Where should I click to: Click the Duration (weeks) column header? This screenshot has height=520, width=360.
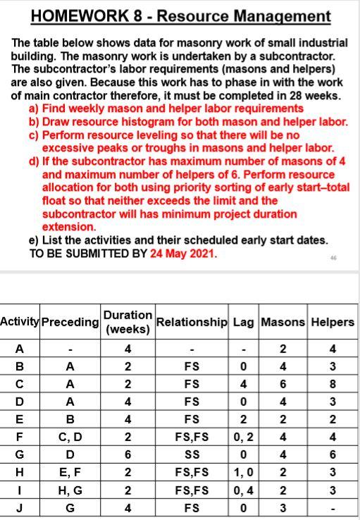128,321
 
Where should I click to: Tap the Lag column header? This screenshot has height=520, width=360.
243,321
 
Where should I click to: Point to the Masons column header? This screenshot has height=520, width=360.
282,321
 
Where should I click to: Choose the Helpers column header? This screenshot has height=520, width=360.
332,321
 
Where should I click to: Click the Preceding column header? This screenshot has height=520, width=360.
70,322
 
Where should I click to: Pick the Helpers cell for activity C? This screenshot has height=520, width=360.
332,385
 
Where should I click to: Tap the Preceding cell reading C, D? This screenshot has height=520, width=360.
70,438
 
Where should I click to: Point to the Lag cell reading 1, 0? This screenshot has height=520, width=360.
243,473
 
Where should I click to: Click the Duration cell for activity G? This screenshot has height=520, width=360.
128,455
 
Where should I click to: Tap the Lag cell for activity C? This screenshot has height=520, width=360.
243,385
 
